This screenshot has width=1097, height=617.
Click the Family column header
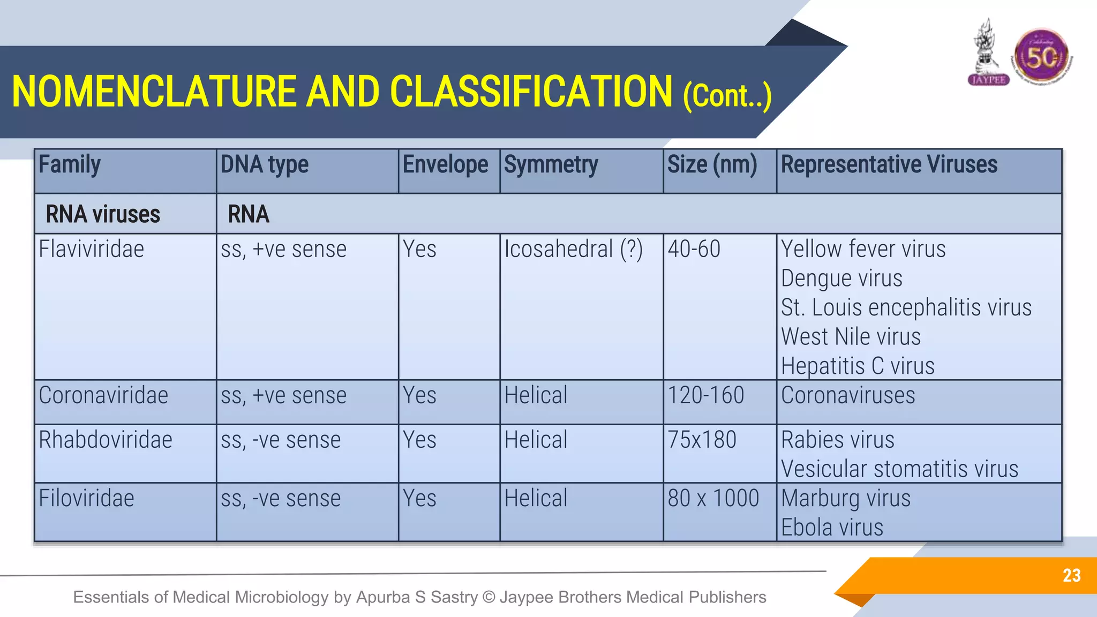[x=70, y=165]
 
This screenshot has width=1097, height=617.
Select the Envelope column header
[x=445, y=165]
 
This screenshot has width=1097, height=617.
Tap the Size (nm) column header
[x=712, y=165]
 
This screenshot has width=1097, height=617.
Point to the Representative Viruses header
[x=889, y=165]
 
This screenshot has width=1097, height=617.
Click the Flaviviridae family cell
[x=92, y=250]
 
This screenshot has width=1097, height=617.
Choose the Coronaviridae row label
[x=103, y=396]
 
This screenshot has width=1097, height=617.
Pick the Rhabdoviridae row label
[x=106, y=440]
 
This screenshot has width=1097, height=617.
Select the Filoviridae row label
[x=87, y=499]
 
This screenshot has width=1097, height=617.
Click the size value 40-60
[x=694, y=250]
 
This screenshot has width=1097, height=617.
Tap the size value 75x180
[x=702, y=440]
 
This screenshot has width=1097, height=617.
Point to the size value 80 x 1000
[x=713, y=499]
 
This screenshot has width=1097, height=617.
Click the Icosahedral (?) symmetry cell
[x=573, y=250]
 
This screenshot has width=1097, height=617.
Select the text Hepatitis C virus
[x=858, y=366]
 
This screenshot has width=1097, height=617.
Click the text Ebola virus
[x=832, y=528]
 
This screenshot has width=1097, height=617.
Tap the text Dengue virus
[x=841, y=279]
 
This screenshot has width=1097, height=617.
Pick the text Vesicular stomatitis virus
[x=899, y=469]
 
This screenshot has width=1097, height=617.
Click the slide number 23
[x=1071, y=576]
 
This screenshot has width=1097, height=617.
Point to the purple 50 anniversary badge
[x=1041, y=57]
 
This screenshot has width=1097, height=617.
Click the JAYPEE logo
[x=988, y=54]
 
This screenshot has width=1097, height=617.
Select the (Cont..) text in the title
[x=727, y=96]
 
